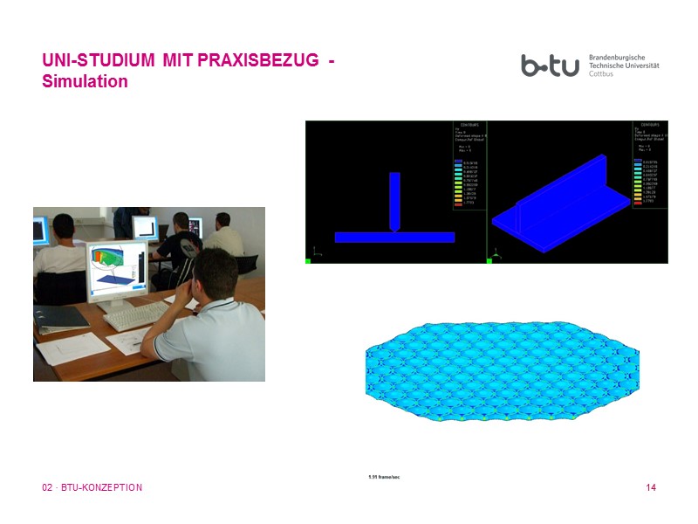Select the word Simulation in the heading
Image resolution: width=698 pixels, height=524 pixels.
pos(85,82)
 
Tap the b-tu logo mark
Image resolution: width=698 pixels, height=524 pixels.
pos(550,65)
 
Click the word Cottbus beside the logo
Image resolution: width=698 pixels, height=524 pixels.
pos(602,75)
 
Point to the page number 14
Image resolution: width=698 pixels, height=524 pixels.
pos(651,487)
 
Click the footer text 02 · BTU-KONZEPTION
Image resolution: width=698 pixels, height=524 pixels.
pos(92,487)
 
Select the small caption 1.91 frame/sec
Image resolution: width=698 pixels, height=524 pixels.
pos(384,477)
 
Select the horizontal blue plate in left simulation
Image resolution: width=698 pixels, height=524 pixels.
pos(394,237)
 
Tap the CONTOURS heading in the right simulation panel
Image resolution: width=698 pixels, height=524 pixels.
pos(647,126)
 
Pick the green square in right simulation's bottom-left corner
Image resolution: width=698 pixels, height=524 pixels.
pos(489,259)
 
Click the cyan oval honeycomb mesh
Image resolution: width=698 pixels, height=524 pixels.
pos(503,371)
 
